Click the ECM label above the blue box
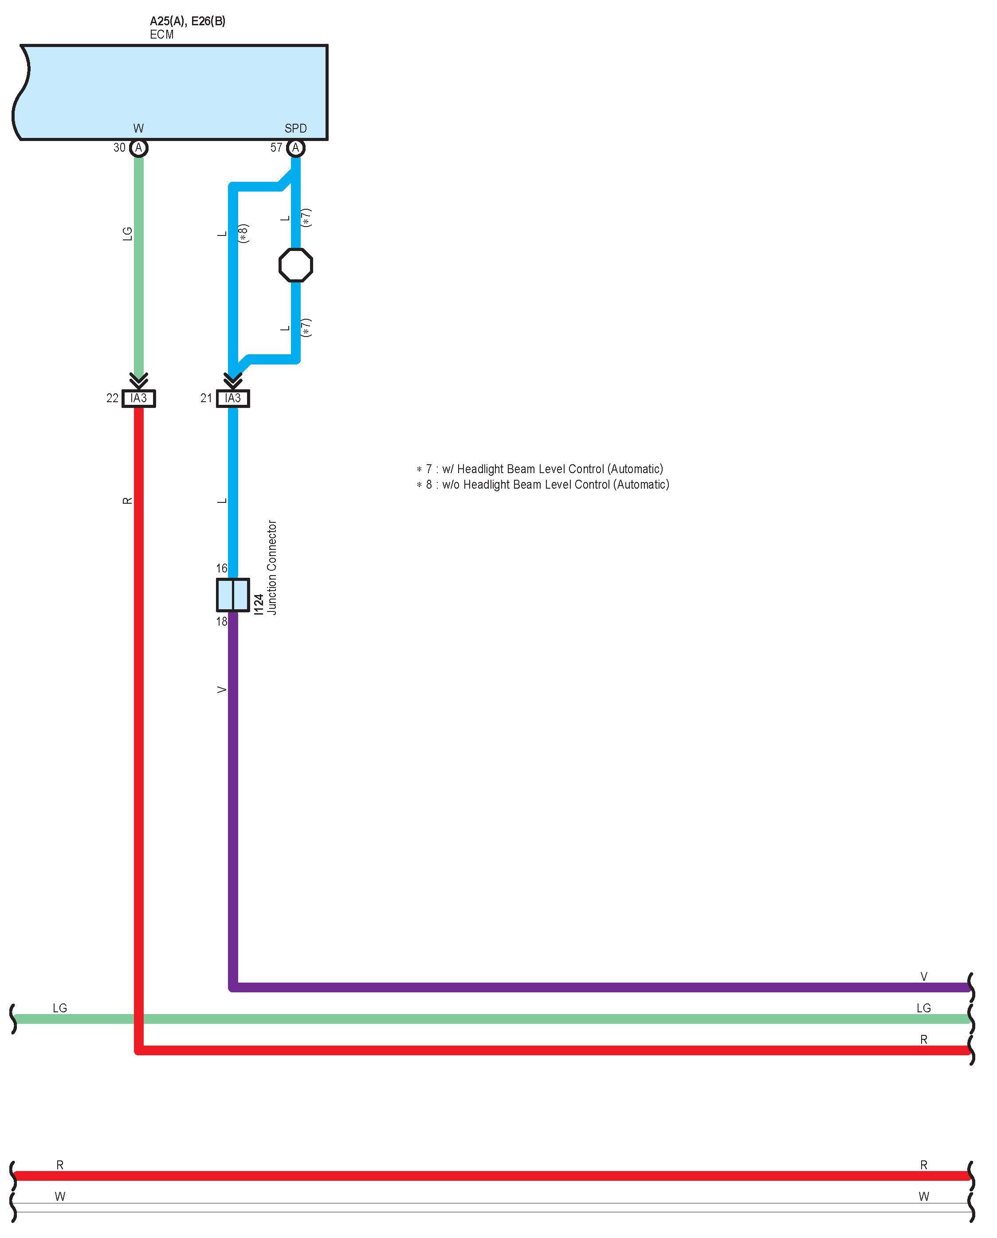(161, 35)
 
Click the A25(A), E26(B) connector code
(187, 21)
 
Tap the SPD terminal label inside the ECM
(295, 128)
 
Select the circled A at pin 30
(138, 148)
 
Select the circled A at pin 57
(295, 148)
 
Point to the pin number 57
(276, 148)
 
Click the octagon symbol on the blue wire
(295, 265)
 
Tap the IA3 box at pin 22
(138, 398)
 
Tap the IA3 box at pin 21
(232, 398)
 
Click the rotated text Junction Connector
(272, 567)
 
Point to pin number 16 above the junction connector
(222, 568)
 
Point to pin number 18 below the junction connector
(222, 621)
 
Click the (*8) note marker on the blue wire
(243, 233)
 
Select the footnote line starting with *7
(539, 469)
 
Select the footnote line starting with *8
(543, 485)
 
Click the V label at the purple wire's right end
(923, 976)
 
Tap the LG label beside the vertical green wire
(127, 234)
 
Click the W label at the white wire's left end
(60, 1196)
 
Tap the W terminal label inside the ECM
(138, 128)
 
